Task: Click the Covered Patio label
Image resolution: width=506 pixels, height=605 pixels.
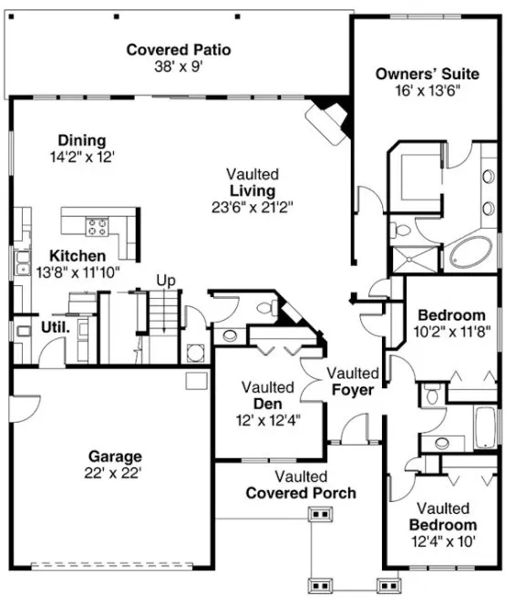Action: pyautogui.click(x=178, y=49)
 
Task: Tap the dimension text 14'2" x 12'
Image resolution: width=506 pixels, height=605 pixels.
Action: pyautogui.click(x=82, y=157)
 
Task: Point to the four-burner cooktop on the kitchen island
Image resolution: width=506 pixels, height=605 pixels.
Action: pyautogui.click(x=98, y=225)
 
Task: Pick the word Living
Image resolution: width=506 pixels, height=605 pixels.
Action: pyautogui.click(x=253, y=190)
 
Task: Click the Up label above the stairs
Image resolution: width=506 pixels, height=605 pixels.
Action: pyautogui.click(x=165, y=280)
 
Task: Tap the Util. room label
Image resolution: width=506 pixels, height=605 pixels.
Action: pyautogui.click(x=54, y=326)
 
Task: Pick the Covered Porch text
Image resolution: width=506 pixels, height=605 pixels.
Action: pyautogui.click(x=301, y=493)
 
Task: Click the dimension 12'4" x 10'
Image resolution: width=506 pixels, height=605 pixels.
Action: pyautogui.click(x=442, y=540)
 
